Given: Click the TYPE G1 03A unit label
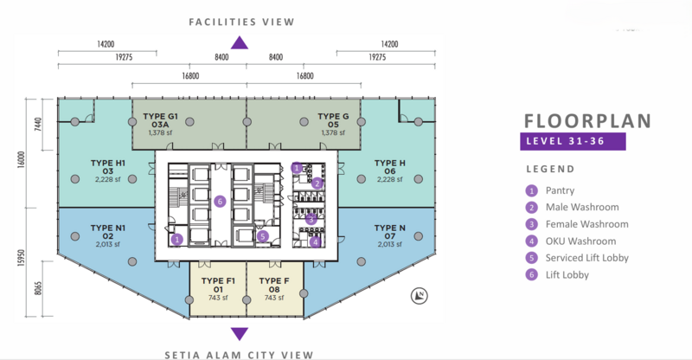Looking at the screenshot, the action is click(160, 120).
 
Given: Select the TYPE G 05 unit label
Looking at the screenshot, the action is click(333, 120).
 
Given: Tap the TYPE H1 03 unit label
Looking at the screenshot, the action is click(108, 167).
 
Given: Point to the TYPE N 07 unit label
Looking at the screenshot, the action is click(390, 232).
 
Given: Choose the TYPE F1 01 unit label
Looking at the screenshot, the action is click(218, 285).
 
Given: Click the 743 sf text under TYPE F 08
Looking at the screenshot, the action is click(274, 299).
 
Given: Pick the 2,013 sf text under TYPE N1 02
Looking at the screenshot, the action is click(107, 244).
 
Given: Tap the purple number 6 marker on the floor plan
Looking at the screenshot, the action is click(220, 202).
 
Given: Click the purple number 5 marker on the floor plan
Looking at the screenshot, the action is click(263, 236).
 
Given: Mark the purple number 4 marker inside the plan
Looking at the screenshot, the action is click(315, 241).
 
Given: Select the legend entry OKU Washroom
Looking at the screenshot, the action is click(571, 241).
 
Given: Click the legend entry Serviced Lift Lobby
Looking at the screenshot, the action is click(577, 258).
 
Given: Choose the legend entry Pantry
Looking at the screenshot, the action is click(550, 191).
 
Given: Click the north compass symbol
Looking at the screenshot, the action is click(420, 295).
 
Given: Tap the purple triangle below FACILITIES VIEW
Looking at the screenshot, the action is click(240, 42).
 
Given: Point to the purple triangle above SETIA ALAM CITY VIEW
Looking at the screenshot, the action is click(240, 334).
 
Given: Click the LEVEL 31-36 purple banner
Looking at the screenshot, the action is click(573, 141).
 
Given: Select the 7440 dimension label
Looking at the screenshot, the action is click(38, 125).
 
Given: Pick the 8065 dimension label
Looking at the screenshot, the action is click(38, 288).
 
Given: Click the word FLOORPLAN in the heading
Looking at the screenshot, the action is click(587, 121).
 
